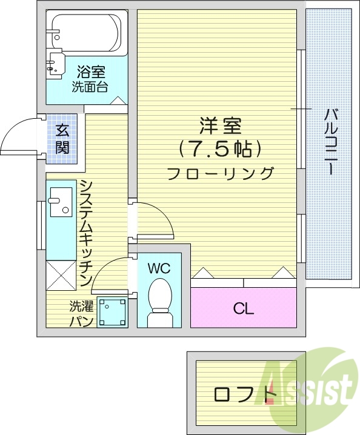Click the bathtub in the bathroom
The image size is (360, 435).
(x=88, y=30)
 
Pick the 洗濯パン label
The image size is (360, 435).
(x=81, y=314)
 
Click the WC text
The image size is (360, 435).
(x=159, y=267)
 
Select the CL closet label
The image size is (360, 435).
(x=244, y=308)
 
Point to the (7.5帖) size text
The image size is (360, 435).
(x=221, y=148)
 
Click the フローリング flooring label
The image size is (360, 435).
(x=221, y=173)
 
